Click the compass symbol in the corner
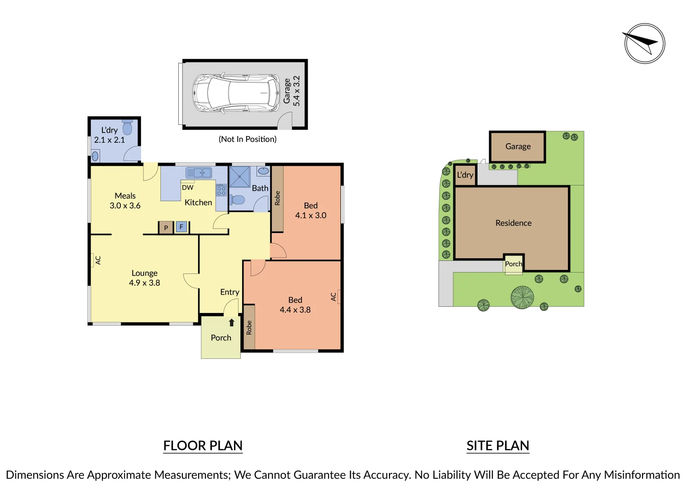[x=645, y=44]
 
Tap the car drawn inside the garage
[x=236, y=93]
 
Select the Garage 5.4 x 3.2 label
[x=292, y=91]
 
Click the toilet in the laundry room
[x=128, y=127]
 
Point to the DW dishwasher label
[x=187, y=187]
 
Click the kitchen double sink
[x=199, y=173]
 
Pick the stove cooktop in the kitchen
[x=221, y=190]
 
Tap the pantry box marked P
[x=166, y=228]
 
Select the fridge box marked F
[x=181, y=227]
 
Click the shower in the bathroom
[x=240, y=176]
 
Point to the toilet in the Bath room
[x=237, y=200]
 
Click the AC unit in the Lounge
[x=92, y=260]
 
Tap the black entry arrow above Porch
[x=231, y=322]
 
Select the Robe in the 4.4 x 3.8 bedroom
[x=249, y=327]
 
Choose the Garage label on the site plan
[x=518, y=146]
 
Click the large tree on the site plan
[x=522, y=297]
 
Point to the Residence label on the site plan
[x=513, y=223]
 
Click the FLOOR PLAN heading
[x=203, y=445]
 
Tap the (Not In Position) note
[x=248, y=139]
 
